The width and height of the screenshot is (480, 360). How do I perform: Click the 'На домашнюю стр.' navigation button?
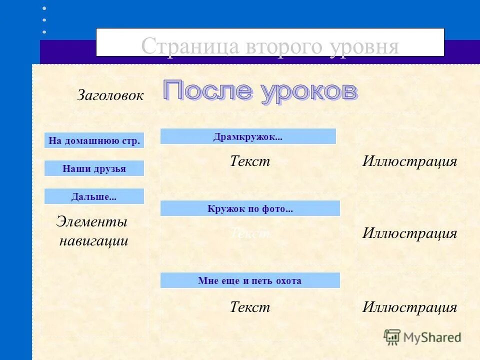pyautogui.click(x=94, y=140)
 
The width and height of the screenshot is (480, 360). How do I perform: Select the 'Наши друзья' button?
pyautogui.click(x=94, y=168)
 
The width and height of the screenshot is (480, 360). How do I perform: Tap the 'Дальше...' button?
pyautogui.click(x=94, y=196)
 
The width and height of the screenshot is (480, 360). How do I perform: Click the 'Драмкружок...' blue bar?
pyautogui.click(x=248, y=136)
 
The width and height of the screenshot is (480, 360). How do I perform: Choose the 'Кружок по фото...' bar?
pyautogui.click(x=250, y=208)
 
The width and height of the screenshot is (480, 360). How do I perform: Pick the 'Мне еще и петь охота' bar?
pyautogui.click(x=250, y=280)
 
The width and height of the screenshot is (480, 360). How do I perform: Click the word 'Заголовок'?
pyautogui.click(x=110, y=95)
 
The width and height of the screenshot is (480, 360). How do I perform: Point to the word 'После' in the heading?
pyautogui.click(x=208, y=91)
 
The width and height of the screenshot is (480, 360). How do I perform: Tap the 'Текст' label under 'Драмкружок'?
pyautogui.click(x=249, y=161)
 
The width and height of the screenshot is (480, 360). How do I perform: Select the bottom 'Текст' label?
pyautogui.click(x=249, y=307)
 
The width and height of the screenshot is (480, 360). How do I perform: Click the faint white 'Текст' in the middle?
pyautogui.click(x=249, y=233)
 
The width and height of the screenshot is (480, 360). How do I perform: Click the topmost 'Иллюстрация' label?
pyautogui.click(x=409, y=161)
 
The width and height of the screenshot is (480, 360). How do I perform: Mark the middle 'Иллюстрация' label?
pyautogui.click(x=409, y=233)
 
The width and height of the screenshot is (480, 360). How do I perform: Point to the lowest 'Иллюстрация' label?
pyautogui.click(x=409, y=307)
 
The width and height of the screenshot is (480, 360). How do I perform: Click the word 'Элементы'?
pyautogui.click(x=91, y=221)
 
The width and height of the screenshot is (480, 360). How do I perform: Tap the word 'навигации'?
pyautogui.click(x=93, y=241)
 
